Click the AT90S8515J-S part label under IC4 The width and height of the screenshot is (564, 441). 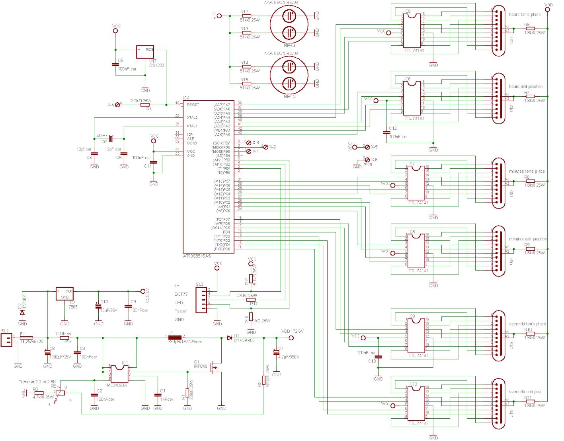[197, 256]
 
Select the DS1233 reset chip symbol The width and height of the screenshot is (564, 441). [145, 52]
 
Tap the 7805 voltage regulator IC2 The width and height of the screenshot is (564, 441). [64, 294]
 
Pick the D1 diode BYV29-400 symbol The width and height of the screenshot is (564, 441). [230, 338]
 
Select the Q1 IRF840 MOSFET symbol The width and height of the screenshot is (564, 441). [215, 368]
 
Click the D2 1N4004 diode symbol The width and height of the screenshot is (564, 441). [22, 312]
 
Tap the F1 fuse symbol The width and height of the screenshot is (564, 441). [26, 338]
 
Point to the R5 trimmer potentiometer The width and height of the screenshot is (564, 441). [60, 393]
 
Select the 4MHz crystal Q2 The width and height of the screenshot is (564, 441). [111, 138]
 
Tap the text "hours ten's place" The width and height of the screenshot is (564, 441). [525, 14]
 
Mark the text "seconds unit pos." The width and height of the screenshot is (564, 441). [525, 392]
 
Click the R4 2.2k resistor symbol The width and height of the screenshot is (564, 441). [148, 105]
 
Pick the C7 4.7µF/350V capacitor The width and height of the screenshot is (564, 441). [276, 353]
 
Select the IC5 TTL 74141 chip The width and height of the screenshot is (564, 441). [412, 30]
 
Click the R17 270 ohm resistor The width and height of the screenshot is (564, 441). [251, 300]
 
